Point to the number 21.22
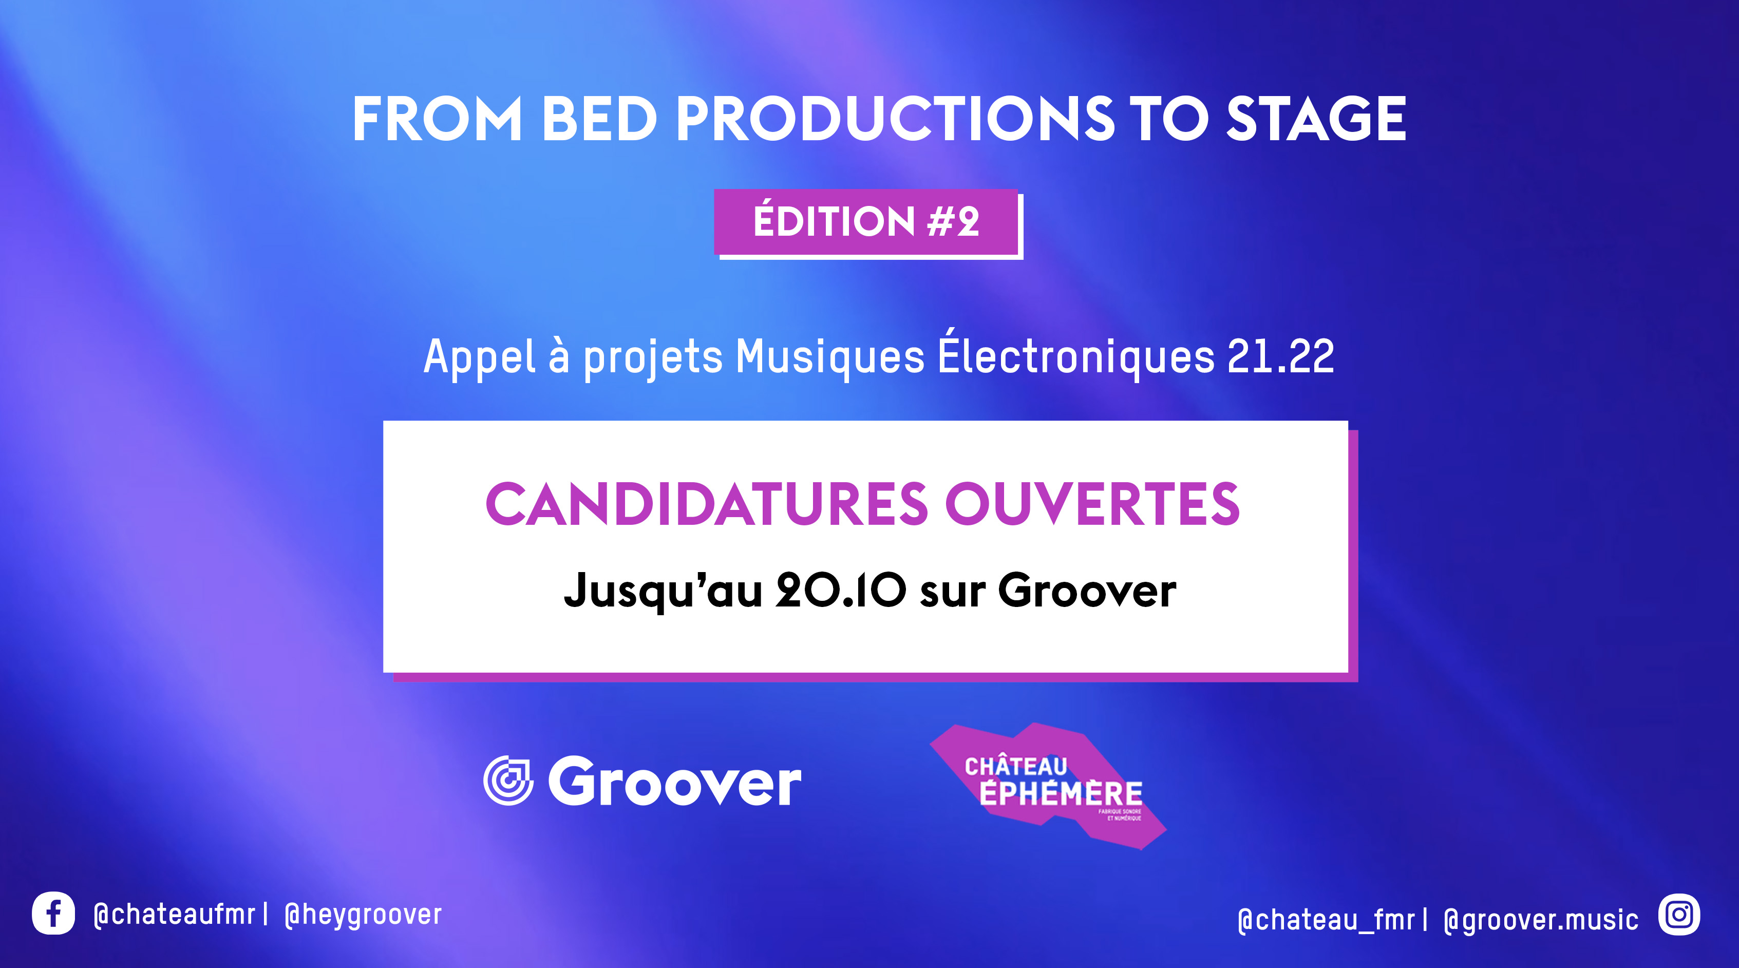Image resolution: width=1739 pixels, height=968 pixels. (1280, 356)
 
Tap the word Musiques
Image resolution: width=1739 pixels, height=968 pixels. (829, 358)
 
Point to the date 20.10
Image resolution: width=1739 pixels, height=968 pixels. (840, 590)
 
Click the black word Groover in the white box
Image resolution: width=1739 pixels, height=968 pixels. (1087, 590)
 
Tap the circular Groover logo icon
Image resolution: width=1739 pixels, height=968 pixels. (507, 781)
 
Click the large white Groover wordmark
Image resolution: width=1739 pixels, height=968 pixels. (674, 781)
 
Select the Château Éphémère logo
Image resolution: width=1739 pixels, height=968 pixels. (1048, 786)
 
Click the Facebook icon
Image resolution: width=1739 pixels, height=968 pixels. (53, 914)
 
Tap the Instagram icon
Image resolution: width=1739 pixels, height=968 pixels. (1679, 915)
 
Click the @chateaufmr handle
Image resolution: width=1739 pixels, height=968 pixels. (174, 915)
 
